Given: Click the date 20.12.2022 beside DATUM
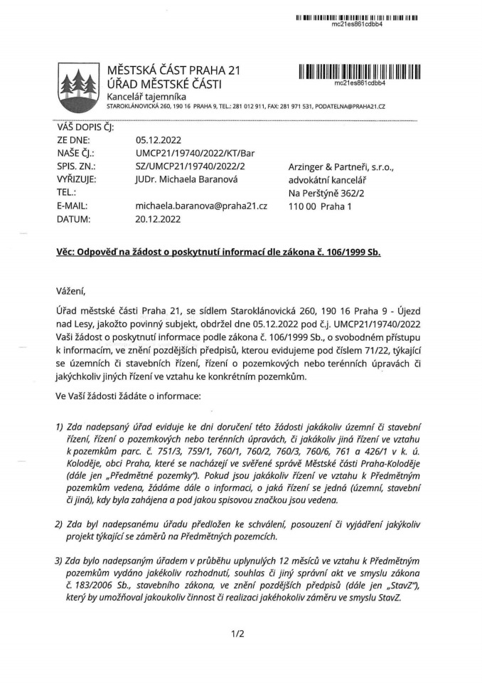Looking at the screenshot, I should pos(159,219).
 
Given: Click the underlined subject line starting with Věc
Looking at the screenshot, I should pos(218,253).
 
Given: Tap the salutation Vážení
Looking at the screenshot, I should pos(70,290).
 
